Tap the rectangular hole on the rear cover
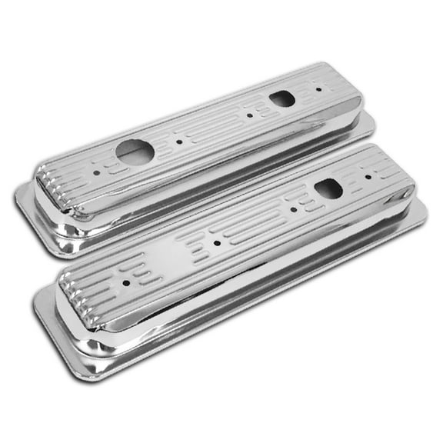tap(282, 98)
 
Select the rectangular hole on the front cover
tap(328, 188)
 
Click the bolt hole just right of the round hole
tap(178, 142)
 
